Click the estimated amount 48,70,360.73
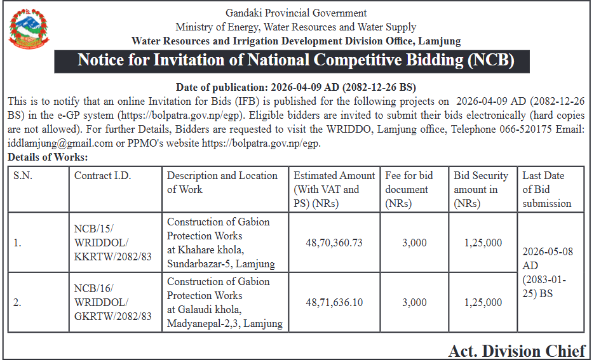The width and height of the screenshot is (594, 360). point(334,243)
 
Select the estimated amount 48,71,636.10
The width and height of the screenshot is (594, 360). point(334,302)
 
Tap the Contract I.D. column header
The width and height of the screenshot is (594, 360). point(103,176)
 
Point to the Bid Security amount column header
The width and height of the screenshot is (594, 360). point(481,189)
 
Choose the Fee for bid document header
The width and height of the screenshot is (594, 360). point(408,189)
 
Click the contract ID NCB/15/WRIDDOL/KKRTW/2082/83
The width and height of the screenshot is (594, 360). point(113,243)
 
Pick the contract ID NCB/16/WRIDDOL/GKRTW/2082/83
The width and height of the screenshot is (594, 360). point(113,302)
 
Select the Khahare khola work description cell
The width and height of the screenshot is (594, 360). point(221,243)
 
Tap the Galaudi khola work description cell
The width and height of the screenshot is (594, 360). point(225,302)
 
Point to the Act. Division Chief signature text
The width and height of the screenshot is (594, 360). point(516,350)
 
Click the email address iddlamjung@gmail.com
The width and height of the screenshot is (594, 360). point(60,143)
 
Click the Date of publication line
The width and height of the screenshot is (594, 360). point(295,87)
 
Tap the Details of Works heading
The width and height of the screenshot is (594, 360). point(48,157)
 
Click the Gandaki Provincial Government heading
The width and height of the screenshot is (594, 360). point(296,13)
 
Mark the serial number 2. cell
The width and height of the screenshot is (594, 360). point(18,302)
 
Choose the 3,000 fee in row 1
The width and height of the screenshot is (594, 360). point(414,243)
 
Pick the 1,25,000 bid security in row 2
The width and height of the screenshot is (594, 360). point(483,302)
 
